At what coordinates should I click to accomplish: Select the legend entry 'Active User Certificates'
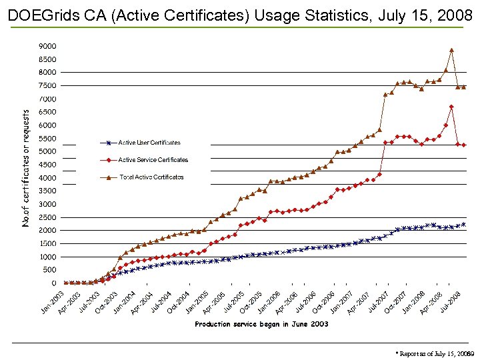pos(149,143)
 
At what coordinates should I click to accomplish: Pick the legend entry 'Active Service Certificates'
pos(153,160)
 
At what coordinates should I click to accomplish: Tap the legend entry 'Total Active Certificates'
pos(151,177)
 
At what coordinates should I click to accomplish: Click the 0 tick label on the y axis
pos(53,283)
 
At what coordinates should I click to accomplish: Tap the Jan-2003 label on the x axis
pos(53,302)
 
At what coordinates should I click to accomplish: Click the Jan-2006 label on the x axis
pos(270,302)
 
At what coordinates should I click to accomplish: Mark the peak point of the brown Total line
pos(451,50)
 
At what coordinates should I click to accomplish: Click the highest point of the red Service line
pos(451,107)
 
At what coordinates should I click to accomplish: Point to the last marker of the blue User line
pos(463,225)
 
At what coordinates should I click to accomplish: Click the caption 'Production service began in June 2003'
pos(261,325)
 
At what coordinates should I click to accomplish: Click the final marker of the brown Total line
pos(463,87)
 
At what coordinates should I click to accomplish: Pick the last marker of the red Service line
pos(463,145)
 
